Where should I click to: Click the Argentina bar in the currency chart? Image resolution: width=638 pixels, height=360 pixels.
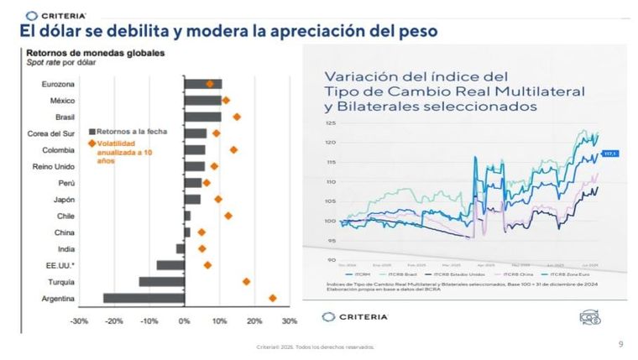(x=144, y=298)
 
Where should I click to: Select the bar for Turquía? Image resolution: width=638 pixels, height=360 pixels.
(x=161, y=281)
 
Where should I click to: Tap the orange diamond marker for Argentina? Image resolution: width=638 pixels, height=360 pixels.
(x=272, y=298)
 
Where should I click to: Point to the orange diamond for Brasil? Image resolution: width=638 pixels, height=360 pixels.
(x=236, y=117)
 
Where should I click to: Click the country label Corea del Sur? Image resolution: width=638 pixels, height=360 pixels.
(x=49, y=133)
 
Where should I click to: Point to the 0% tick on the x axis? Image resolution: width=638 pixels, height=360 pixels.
(x=184, y=321)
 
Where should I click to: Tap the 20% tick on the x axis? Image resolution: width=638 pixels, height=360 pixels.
(x=254, y=321)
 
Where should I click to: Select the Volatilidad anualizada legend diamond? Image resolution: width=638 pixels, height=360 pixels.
(x=92, y=143)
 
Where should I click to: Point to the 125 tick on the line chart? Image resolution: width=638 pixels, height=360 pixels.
(x=330, y=123)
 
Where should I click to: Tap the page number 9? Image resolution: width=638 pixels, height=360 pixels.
(x=620, y=343)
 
